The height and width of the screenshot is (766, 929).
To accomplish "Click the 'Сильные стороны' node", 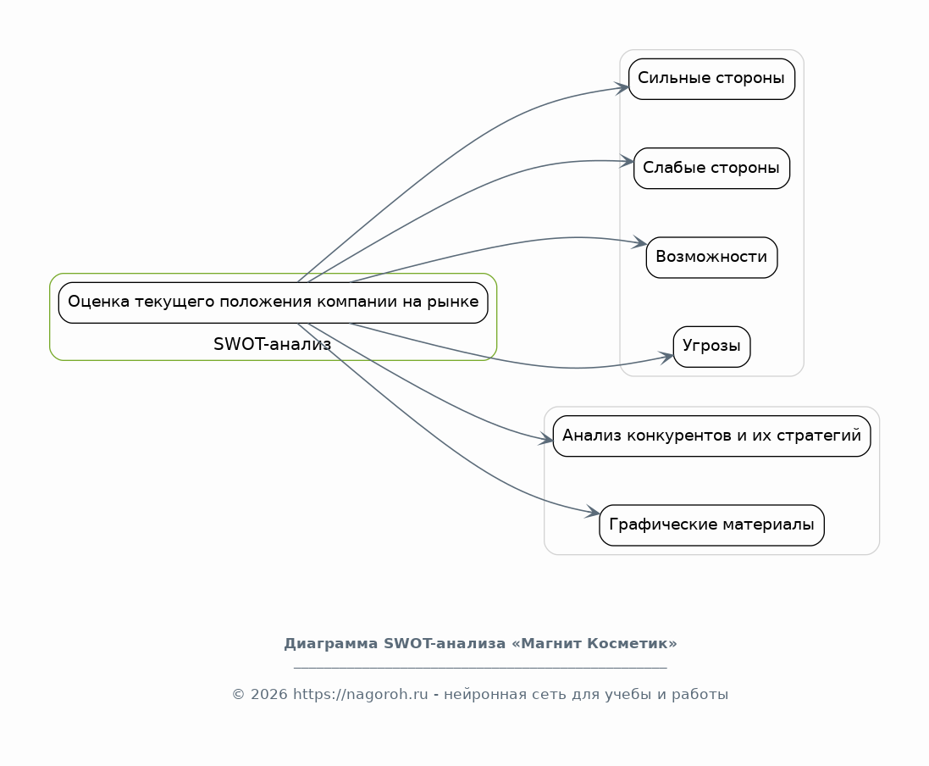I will (x=711, y=79).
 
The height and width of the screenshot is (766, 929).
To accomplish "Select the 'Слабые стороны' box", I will (x=711, y=168).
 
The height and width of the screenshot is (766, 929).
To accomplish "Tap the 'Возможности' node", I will (x=711, y=257).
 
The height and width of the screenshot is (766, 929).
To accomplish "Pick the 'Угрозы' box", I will (x=711, y=347).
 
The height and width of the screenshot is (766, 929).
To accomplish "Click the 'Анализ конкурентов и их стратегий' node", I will (x=711, y=436).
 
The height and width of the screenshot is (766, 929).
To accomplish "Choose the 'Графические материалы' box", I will (x=711, y=525).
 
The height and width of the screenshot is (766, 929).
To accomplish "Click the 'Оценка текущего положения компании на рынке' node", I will (x=273, y=303).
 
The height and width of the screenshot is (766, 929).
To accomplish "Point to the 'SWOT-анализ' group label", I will (x=273, y=345).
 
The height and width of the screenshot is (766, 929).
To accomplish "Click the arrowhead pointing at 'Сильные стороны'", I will (x=622, y=86).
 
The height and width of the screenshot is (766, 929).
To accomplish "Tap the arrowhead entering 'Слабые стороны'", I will (x=628, y=160).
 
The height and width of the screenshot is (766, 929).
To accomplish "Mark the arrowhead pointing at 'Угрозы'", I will (x=667, y=357).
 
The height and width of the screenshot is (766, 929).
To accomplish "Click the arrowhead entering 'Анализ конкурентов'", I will (x=546, y=440).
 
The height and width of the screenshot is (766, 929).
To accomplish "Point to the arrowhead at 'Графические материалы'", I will (x=593, y=513).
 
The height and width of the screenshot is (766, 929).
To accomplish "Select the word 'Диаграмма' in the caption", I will (x=331, y=644).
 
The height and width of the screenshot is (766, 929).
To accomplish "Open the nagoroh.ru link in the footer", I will (x=361, y=695).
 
